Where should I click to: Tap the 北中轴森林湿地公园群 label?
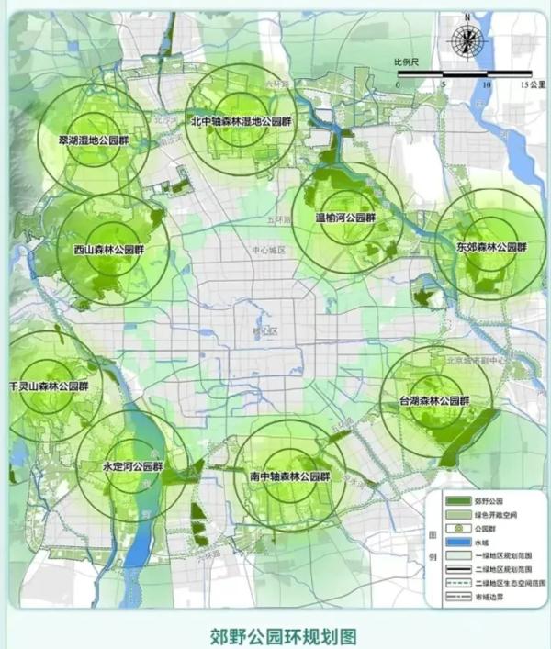240,121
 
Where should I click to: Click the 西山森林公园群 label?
108,251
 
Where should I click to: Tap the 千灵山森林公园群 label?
48,386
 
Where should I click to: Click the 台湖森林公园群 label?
433,401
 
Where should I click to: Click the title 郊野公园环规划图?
275,634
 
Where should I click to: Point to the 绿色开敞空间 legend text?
500,516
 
